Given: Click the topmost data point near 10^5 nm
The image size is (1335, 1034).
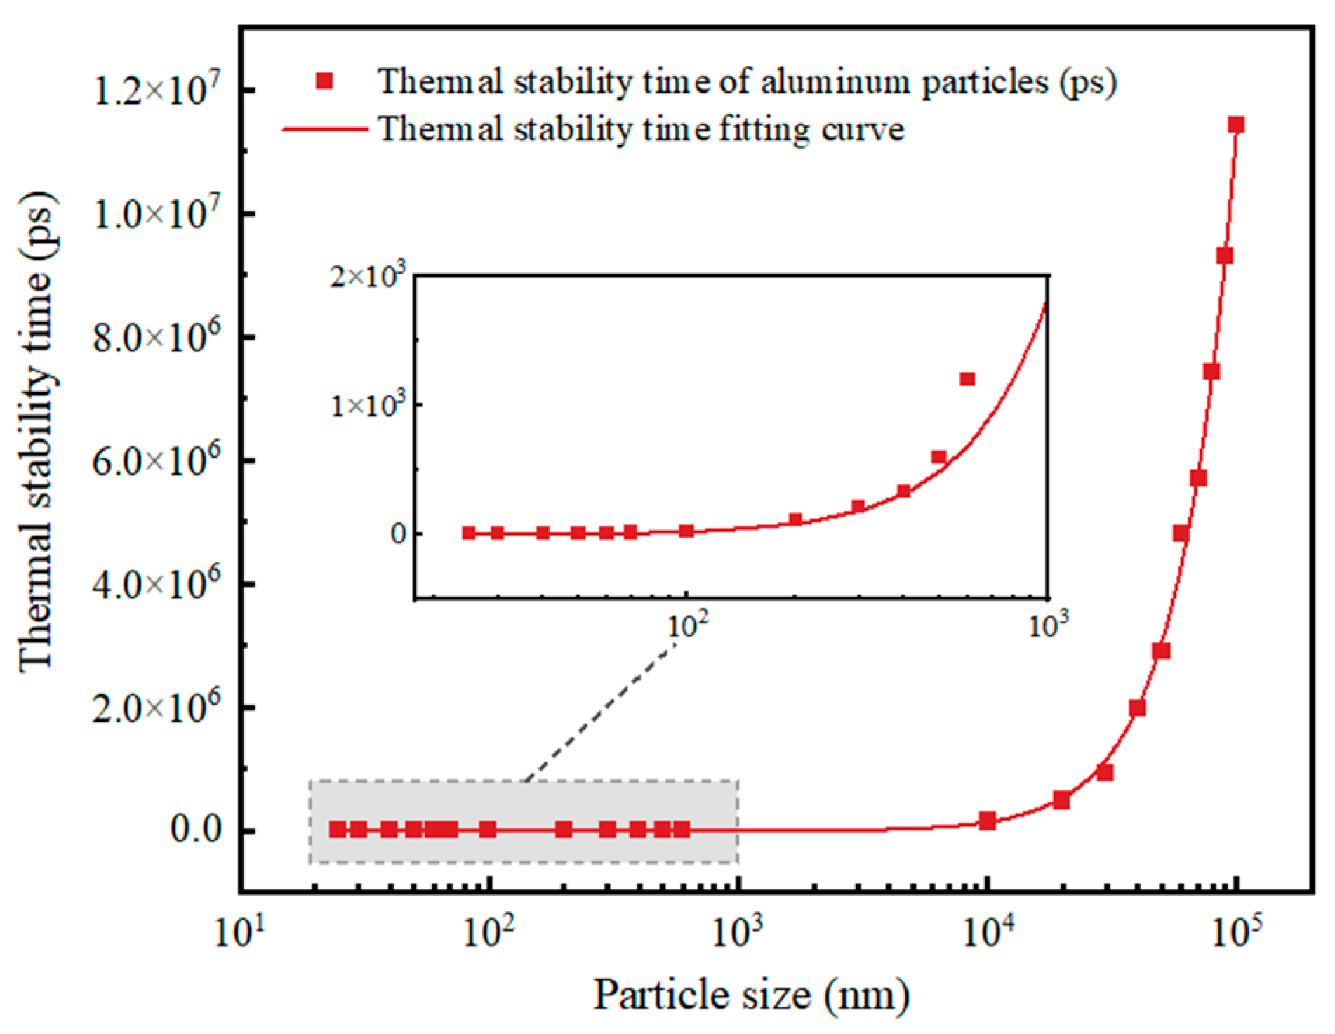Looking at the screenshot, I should pyautogui.click(x=1236, y=125).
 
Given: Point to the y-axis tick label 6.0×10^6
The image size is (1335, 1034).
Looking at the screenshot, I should pyautogui.click(x=156, y=460).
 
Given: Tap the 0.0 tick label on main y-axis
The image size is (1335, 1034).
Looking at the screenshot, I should pyautogui.click(x=197, y=830).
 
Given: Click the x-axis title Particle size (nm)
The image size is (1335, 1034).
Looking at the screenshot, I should pyautogui.click(x=751, y=994).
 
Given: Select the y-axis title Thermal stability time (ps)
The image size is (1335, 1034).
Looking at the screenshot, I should pyautogui.click(x=35, y=432).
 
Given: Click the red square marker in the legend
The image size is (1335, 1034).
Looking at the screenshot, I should pyautogui.click(x=324, y=81).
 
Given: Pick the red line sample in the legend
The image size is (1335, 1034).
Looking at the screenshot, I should pyautogui.click(x=324, y=129).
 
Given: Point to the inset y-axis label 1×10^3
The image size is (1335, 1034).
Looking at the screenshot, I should pyautogui.click(x=368, y=405).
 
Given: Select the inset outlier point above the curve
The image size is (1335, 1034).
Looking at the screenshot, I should pyautogui.click(x=967, y=379).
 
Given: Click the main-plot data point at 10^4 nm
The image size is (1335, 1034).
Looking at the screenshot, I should pyautogui.click(x=988, y=821).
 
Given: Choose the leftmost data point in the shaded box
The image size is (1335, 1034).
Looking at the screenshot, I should pyautogui.click(x=338, y=830).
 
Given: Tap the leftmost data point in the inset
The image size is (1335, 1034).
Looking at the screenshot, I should pyautogui.click(x=469, y=533).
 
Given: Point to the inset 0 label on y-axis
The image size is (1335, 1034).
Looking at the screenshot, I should pyautogui.click(x=398, y=533).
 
